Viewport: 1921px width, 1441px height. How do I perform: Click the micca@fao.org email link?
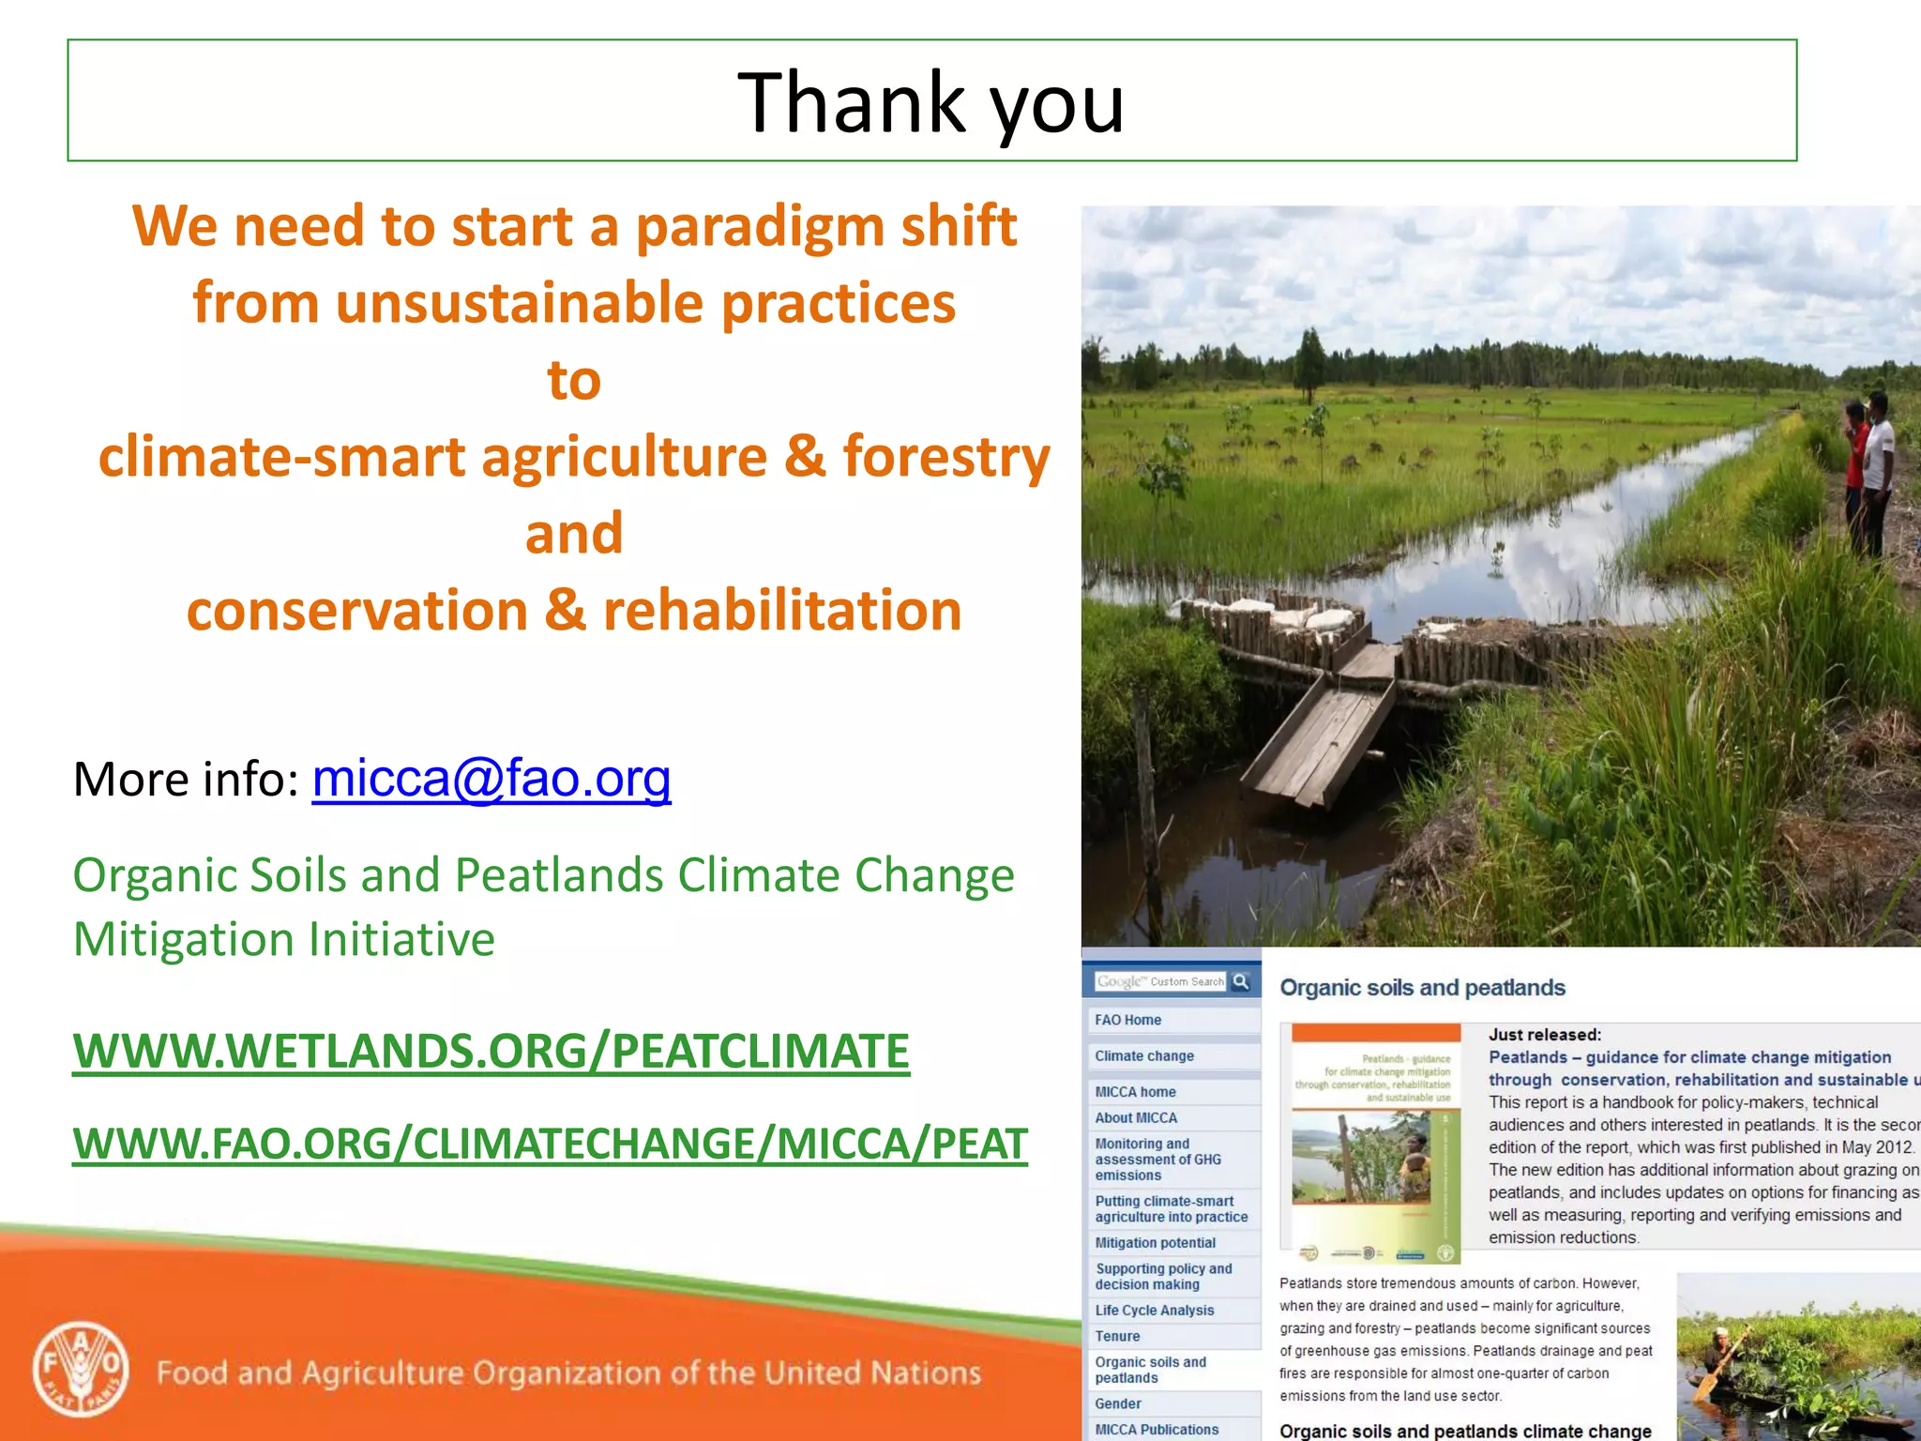tap(491, 780)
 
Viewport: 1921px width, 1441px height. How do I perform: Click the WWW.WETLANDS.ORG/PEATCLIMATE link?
tap(491, 1051)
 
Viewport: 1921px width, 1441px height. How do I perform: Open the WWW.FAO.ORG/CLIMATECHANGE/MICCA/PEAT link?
tap(550, 1144)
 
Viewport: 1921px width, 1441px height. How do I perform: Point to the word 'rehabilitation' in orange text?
tap(782, 611)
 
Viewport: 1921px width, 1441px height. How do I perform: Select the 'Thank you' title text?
tap(930, 102)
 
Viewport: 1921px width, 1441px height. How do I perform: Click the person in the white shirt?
tap(1877, 460)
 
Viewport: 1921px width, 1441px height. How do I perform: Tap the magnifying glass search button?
tap(1241, 981)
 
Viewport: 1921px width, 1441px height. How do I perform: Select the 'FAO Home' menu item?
tap(1127, 1020)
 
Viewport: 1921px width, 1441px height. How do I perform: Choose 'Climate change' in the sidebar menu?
tap(1144, 1055)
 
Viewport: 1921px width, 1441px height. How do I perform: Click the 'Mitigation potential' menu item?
tap(1155, 1242)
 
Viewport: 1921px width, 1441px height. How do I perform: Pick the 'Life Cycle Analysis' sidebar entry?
tap(1154, 1310)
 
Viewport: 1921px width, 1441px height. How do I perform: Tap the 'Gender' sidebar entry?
tap(1118, 1403)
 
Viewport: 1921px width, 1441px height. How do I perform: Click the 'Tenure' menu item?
tap(1117, 1336)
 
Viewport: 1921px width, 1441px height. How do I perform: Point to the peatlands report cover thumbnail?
tap(1375, 1143)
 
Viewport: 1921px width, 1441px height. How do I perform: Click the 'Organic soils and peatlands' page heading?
tap(1422, 988)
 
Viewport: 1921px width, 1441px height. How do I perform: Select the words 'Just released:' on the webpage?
tap(1544, 1035)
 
